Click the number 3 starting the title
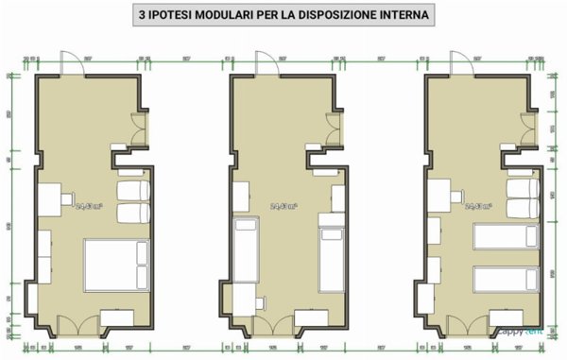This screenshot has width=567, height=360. click(142, 16)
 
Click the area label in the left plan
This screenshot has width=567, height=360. click(89, 203)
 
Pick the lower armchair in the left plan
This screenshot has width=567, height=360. click(134, 211)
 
